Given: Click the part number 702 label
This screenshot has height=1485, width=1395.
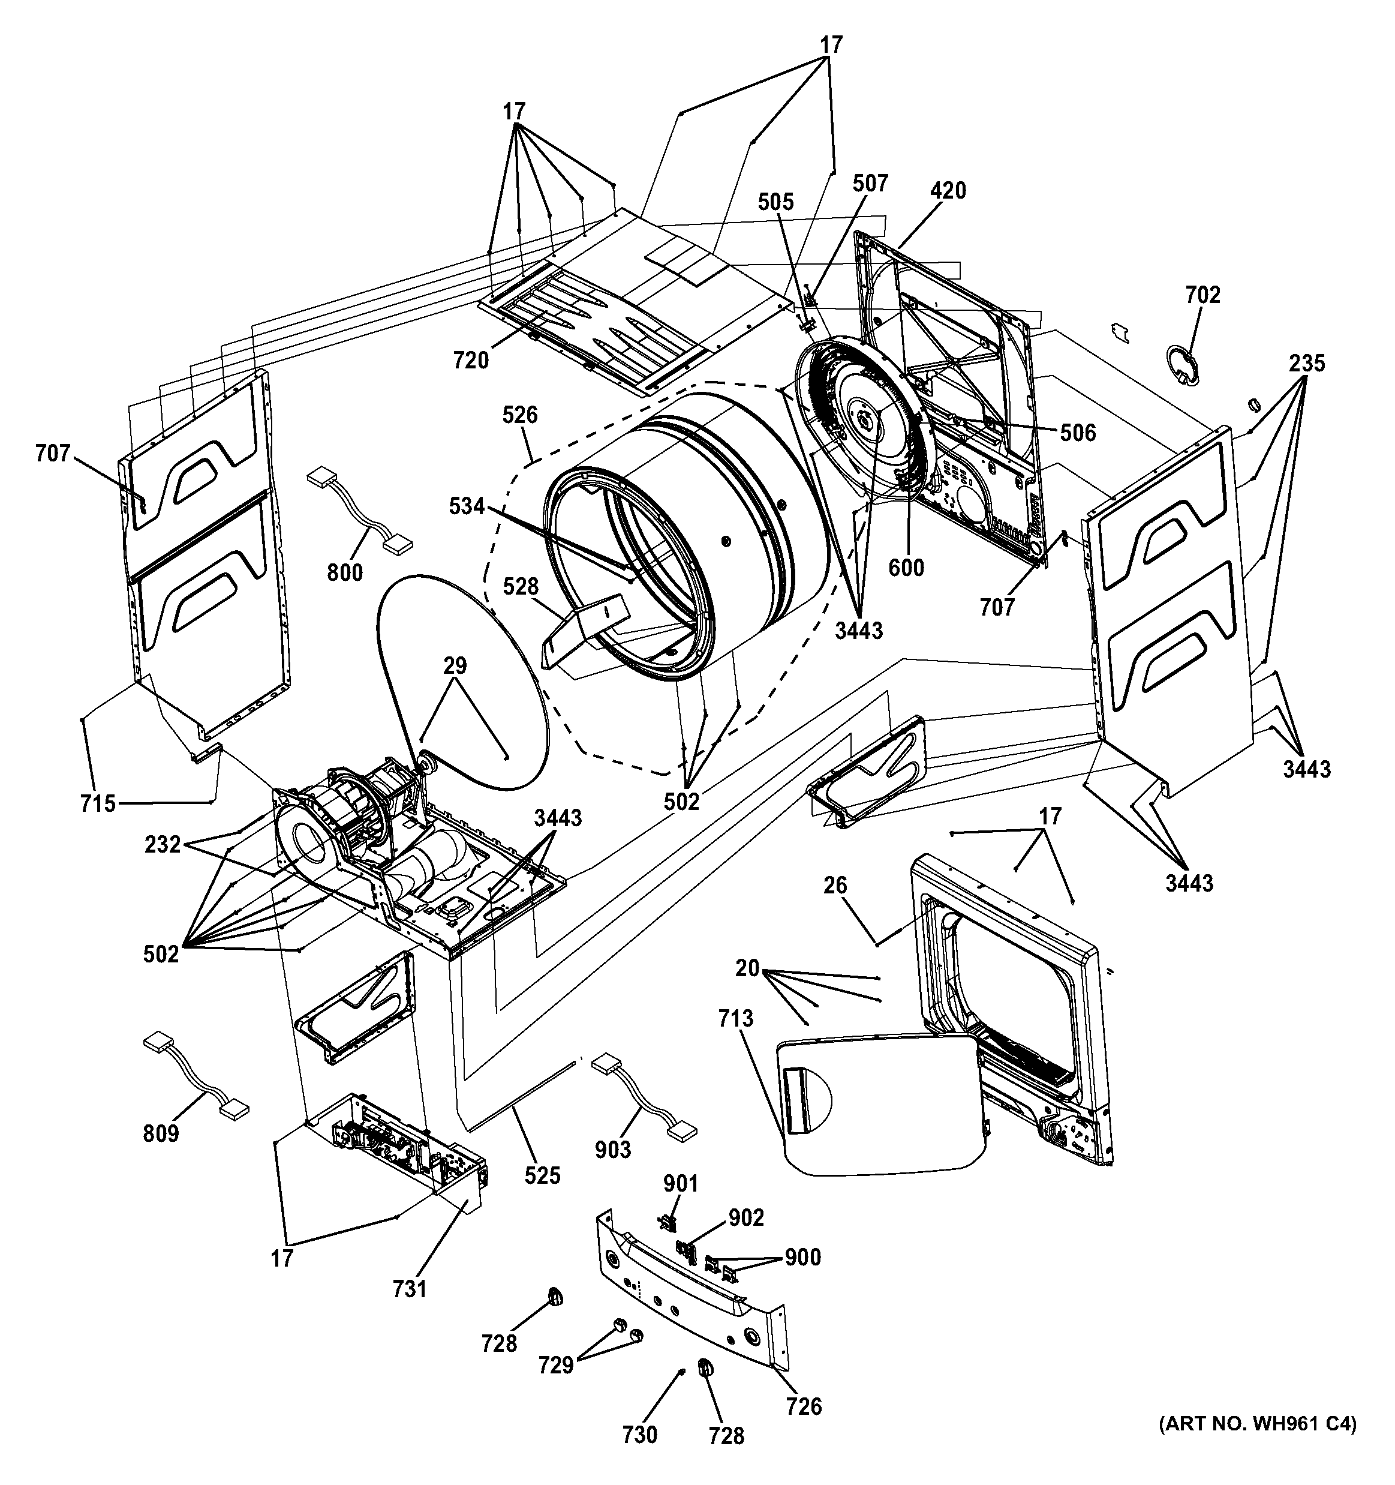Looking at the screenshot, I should (1202, 295).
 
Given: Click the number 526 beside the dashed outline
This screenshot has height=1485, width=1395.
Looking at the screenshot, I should (520, 415).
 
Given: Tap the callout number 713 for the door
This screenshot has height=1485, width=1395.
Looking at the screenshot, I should (736, 1018).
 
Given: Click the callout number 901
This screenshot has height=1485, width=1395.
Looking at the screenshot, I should (680, 1184).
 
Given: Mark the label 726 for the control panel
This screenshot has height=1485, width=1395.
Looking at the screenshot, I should (804, 1406).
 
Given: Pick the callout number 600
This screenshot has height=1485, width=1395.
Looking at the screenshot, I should (906, 568).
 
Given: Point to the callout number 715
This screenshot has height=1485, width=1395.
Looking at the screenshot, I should (98, 804).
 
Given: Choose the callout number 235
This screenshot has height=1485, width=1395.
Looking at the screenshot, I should (1306, 363).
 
